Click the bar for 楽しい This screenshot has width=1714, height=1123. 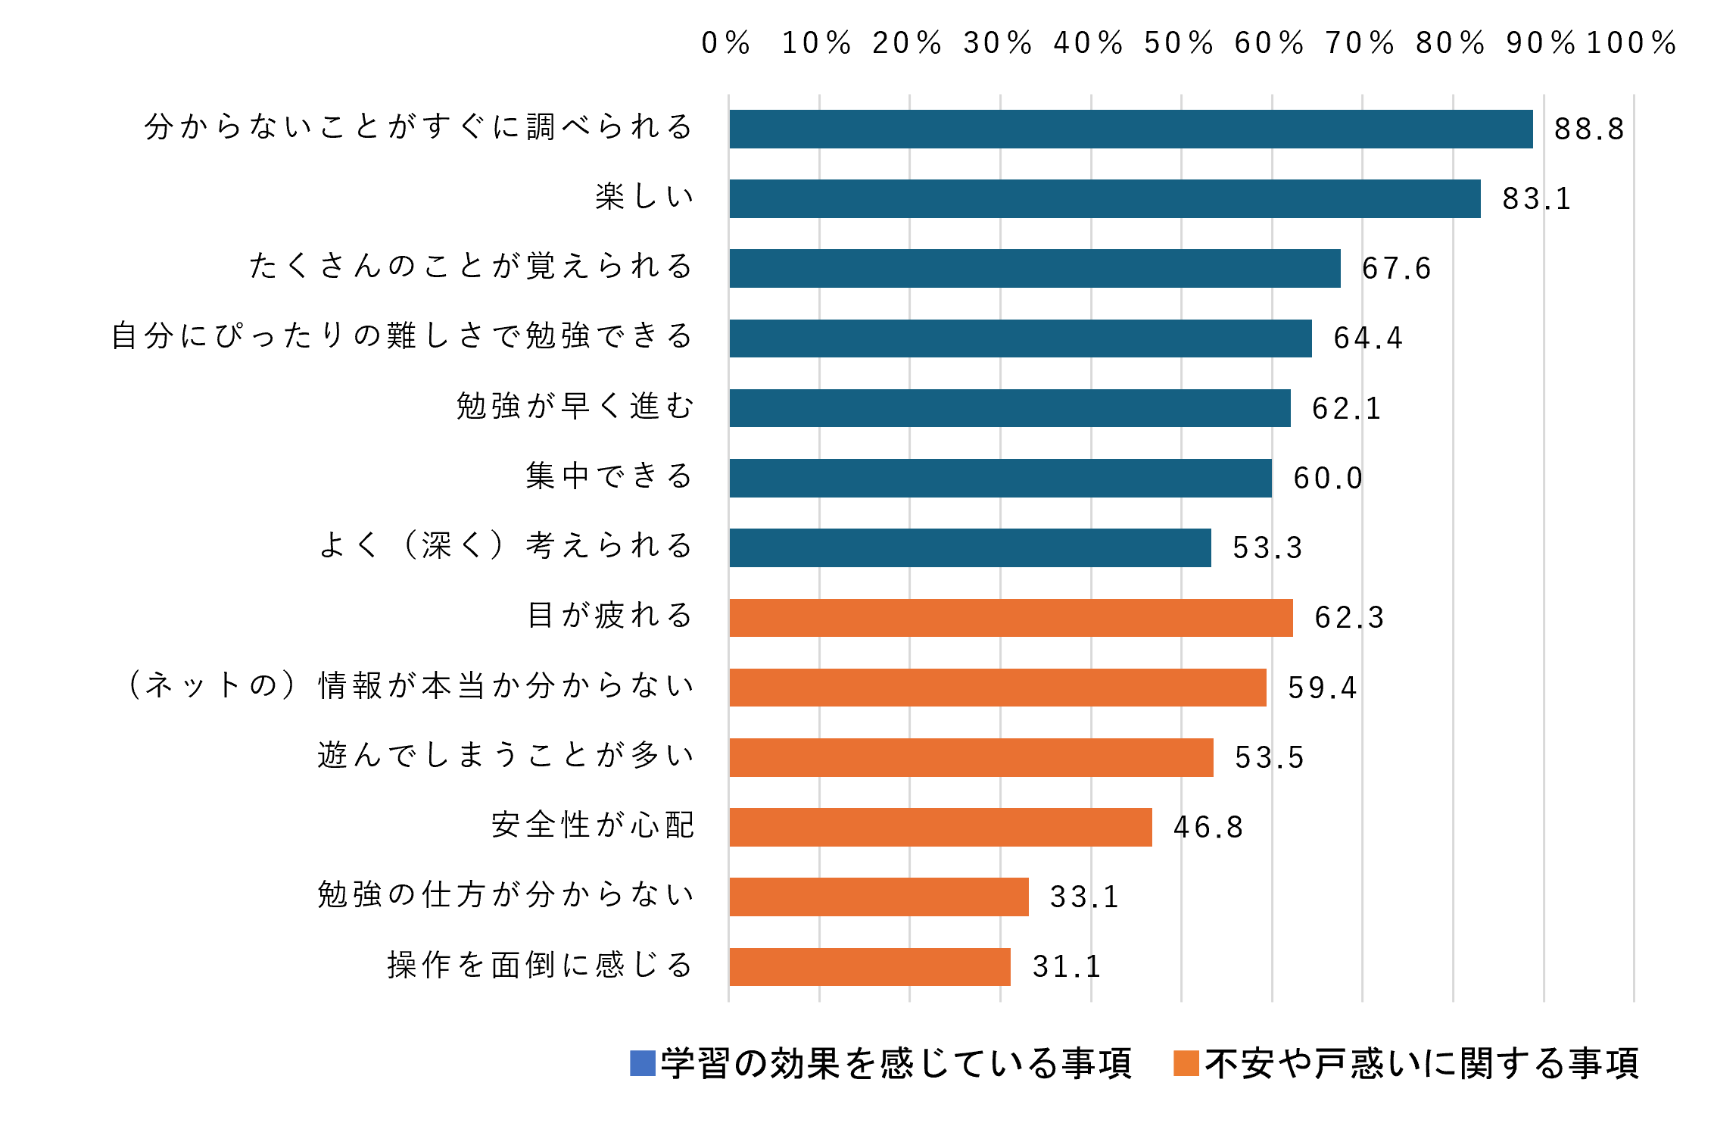pyautogui.click(x=1105, y=198)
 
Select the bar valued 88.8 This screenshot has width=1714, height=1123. pyautogui.click(x=1130, y=129)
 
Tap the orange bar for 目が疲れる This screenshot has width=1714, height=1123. pyautogui.click(x=1011, y=618)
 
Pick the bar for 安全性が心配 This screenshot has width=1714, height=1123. pyautogui.click(x=940, y=827)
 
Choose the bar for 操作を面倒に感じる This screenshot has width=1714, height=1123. pyautogui.click(x=870, y=967)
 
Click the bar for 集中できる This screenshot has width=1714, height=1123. pyautogui.click(x=1000, y=478)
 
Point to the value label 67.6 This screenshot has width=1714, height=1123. pyautogui.click(x=1396, y=269)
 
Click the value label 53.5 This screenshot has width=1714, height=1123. pyautogui.click(x=1270, y=758)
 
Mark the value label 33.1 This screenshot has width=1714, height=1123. pyautogui.click(x=1084, y=897)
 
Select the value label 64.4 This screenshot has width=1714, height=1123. pyautogui.click(x=1368, y=338)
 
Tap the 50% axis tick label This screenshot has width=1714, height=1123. pyautogui.click(x=1179, y=43)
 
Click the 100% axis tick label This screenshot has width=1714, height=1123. pyautogui.click(x=1631, y=43)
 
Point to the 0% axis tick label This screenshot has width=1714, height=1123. pyautogui.click(x=726, y=43)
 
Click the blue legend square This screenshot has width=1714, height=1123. pyautogui.click(x=642, y=1063)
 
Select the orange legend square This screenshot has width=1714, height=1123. pyautogui.click(x=1186, y=1063)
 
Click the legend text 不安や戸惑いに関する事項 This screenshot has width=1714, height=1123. pyautogui.click(x=1422, y=1063)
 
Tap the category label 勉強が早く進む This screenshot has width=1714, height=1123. pyautogui.click(x=575, y=407)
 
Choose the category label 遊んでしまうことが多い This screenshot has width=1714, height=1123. pyautogui.click(x=506, y=756)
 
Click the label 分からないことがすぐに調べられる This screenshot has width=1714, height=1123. pyautogui.click(x=419, y=127)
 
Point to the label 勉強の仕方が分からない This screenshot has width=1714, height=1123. pyautogui.click(x=506, y=895)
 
